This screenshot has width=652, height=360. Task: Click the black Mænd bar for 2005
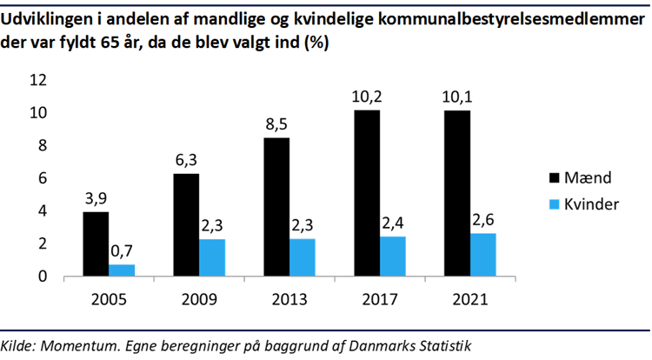tap(96, 244)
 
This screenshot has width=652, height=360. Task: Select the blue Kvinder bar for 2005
tap(122, 270)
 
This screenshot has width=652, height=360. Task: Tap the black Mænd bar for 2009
tap(186, 225)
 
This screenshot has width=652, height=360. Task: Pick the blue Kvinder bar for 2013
tap(303, 257)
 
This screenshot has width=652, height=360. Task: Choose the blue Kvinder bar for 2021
tap(482, 255)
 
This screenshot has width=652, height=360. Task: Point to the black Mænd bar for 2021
tap(456, 194)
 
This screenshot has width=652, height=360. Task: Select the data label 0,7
tap(123, 250)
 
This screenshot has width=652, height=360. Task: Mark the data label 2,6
tap(483, 218)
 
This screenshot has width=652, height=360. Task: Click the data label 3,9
tap(96, 197)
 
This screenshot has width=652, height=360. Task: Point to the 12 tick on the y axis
tap(63, 80)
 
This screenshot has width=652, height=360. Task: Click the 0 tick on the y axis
tap(67, 277)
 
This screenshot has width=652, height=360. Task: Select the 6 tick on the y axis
tap(67, 178)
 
